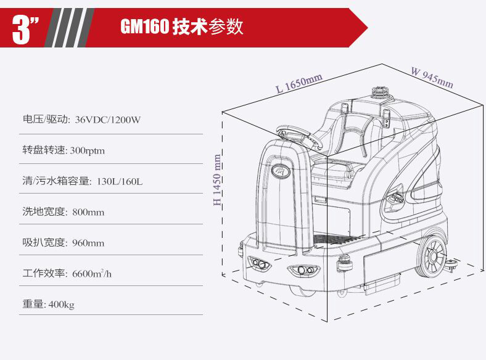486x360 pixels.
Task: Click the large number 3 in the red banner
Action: (22, 29)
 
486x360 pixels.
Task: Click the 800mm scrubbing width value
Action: (88, 212)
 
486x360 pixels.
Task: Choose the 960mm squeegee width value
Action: (88, 243)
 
